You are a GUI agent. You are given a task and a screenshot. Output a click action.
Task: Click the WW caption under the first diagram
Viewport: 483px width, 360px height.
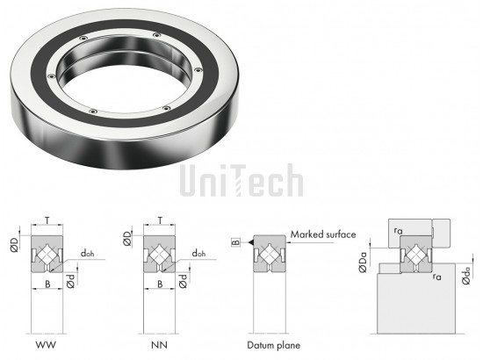pos(46,344)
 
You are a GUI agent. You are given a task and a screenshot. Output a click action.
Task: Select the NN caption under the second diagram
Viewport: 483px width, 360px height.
pos(159,344)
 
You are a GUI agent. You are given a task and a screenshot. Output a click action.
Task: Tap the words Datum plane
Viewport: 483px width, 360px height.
pos(273,345)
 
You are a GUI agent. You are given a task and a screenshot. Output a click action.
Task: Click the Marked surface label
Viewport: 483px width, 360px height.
pos(323,234)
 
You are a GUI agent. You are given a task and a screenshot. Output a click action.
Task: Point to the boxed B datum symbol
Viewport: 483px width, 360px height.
pos(235,242)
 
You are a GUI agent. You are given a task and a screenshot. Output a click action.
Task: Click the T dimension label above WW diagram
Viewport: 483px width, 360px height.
pos(47,220)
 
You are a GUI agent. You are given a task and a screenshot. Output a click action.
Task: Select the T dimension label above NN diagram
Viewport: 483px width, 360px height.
pos(160,220)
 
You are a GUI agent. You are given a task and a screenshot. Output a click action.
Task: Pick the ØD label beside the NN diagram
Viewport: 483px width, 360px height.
pos(127,239)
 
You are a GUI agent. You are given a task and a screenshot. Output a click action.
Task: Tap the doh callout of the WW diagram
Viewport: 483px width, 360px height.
pos(87,254)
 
